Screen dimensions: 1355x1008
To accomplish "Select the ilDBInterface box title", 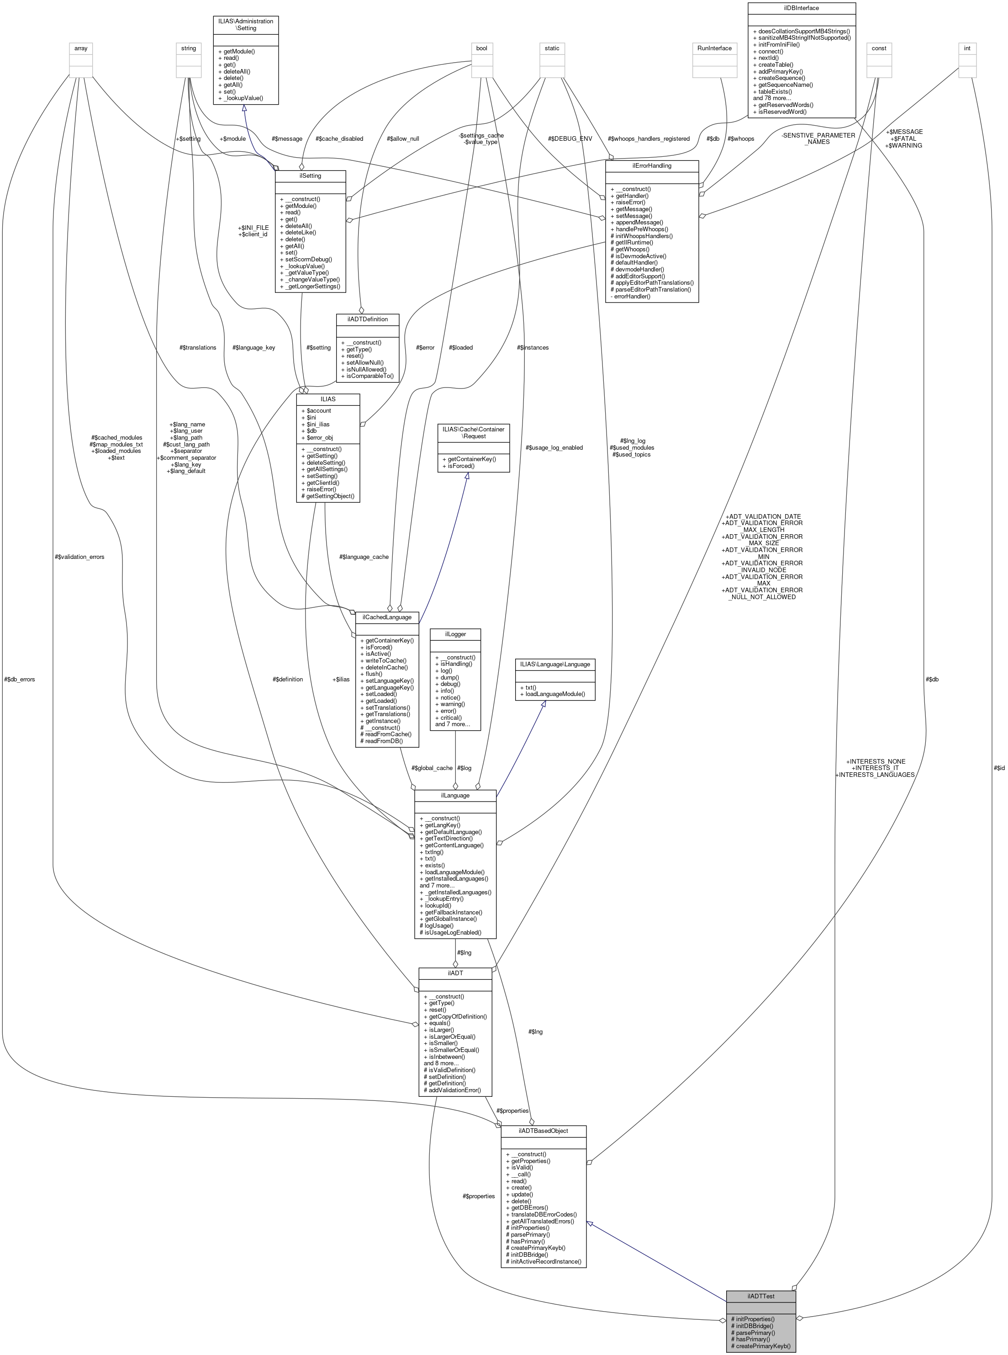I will click(801, 8).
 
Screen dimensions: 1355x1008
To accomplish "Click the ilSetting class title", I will click(310, 176).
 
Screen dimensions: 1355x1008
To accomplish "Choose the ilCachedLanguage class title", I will click(387, 617).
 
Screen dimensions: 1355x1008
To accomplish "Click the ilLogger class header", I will click(455, 634).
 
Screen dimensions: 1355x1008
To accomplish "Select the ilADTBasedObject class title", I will click(543, 1131).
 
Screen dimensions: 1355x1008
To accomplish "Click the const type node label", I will click(879, 48).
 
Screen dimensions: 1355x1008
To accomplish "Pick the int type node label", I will click(967, 48).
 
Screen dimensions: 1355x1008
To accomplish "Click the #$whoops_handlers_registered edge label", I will click(648, 138).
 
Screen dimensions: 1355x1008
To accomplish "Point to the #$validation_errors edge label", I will click(79, 557).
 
